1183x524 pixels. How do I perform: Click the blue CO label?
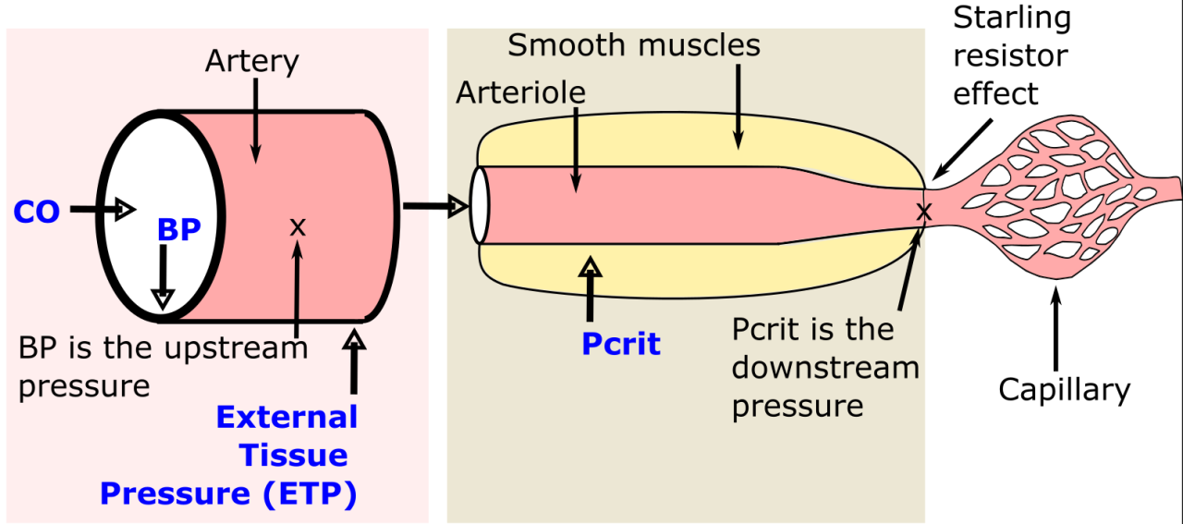pos(36,212)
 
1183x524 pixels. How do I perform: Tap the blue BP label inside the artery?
pos(178,230)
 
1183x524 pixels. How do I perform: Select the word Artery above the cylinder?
pos(252,61)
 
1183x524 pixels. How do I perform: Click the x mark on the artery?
pos(297,225)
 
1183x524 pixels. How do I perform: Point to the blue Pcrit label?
pos(620,344)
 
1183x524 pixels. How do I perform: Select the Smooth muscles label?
pos(633,44)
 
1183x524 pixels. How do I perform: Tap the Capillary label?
pos(1064,389)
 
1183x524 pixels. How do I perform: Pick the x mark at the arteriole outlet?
pos(921,213)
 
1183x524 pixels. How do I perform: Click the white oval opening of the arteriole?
pos(479,206)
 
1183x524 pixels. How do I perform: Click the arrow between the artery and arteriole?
pos(433,206)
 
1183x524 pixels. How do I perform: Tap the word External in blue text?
pos(287,417)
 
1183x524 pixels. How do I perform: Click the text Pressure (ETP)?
pos(228,493)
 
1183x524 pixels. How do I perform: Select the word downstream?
pos(825,368)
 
